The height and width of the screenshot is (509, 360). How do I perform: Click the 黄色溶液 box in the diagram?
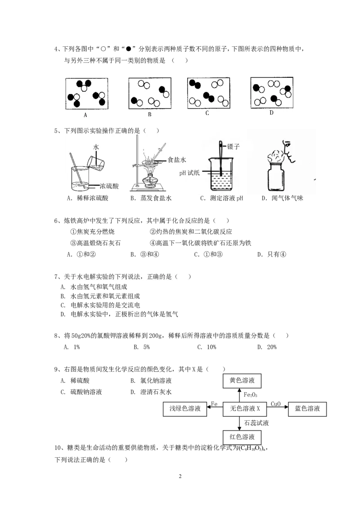(x=242, y=380)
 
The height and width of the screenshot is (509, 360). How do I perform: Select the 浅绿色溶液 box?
(x=185, y=409)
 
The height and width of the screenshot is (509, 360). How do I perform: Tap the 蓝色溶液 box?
(x=307, y=409)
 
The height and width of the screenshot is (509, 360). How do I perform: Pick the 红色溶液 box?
(x=242, y=437)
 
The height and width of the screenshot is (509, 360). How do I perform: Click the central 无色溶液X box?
(x=245, y=409)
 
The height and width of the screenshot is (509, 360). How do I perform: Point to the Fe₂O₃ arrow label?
(x=251, y=395)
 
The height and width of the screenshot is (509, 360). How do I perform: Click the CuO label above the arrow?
(x=276, y=404)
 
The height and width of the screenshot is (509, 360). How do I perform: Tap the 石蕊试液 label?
(x=256, y=423)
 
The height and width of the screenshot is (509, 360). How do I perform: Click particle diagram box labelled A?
(x=87, y=94)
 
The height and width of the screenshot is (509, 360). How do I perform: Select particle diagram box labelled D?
(x=272, y=93)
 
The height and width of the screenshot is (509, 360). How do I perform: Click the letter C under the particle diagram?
(x=207, y=113)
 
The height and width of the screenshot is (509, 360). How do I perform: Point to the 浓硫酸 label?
(x=109, y=186)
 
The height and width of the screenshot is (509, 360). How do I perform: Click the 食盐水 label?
(x=177, y=160)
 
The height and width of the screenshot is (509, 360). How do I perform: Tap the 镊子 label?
(x=233, y=147)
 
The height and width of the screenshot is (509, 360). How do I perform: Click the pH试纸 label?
(x=189, y=173)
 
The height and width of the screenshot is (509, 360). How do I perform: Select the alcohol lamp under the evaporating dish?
(x=150, y=180)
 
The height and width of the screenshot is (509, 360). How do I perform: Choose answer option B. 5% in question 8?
(x=142, y=347)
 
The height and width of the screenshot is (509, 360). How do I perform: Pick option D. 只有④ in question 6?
(x=272, y=254)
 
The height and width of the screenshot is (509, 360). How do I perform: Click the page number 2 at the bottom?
(x=180, y=476)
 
